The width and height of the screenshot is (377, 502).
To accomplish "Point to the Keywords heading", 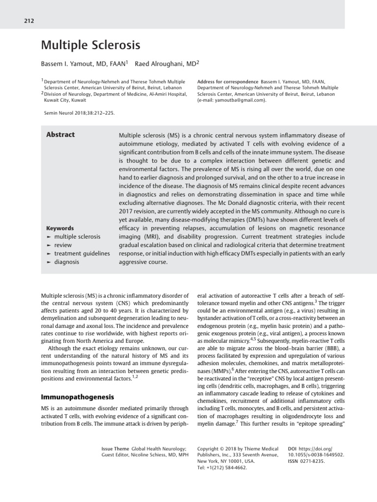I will coord(60,228).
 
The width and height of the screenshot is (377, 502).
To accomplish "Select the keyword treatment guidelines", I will coord(81,253).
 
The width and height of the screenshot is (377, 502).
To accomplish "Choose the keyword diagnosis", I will coord(66,262).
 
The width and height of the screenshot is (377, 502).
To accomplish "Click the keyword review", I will coord(63,245).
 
